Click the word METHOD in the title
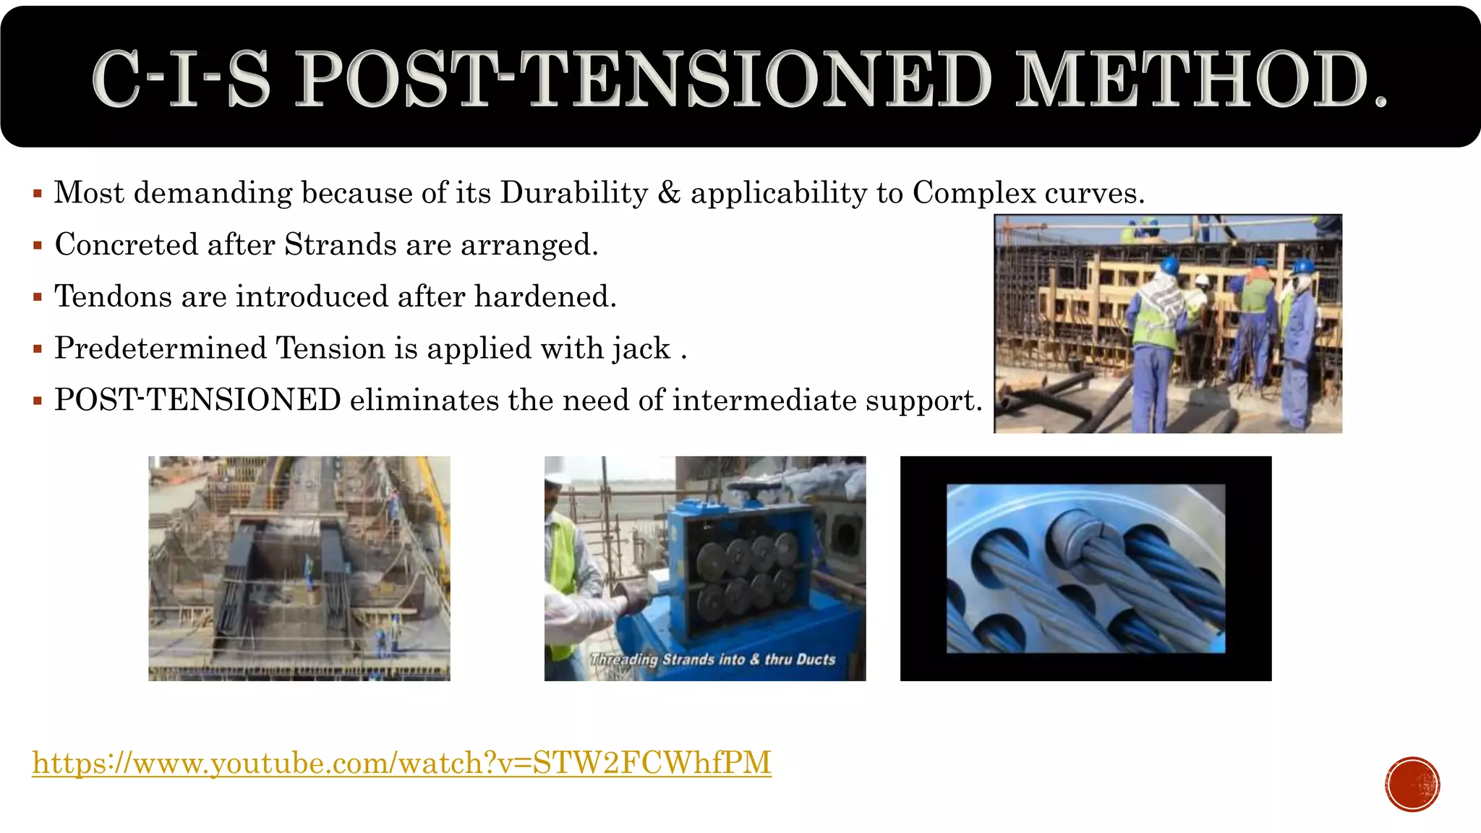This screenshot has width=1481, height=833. [x=1200, y=80]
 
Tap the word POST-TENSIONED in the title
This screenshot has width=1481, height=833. [x=644, y=80]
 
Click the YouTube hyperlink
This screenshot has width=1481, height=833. [x=401, y=763]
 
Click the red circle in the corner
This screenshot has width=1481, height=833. [x=1412, y=785]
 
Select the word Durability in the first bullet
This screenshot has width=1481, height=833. [x=573, y=193]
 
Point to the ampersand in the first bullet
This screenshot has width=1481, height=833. [x=669, y=193]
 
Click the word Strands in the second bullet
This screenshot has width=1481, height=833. [x=340, y=245]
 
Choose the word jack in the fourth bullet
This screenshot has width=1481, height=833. [x=641, y=349]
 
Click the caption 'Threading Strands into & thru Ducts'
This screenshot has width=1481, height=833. [x=712, y=659]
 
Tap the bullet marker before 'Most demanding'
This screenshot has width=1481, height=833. [x=38, y=194]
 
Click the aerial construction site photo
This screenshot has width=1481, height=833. [x=299, y=568]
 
